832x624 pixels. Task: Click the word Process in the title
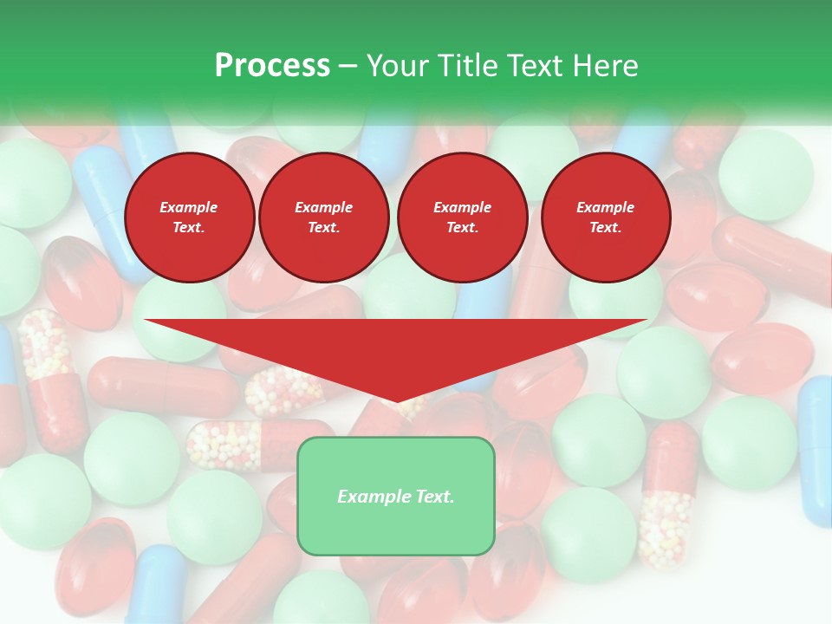pos(272,66)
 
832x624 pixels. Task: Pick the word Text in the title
pos(535,66)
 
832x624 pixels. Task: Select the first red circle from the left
pos(189,218)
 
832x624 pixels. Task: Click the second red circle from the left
pos(324,218)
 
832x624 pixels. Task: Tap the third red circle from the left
pos(462,218)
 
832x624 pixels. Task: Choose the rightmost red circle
pos(606,218)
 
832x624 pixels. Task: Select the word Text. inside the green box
pos(433,497)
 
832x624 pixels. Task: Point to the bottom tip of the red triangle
pos(396,401)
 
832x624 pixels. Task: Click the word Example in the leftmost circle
pos(189,207)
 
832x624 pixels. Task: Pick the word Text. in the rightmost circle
pos(606,228)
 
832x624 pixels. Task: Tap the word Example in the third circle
pos(462,207)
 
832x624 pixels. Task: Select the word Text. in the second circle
pos(324,228)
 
